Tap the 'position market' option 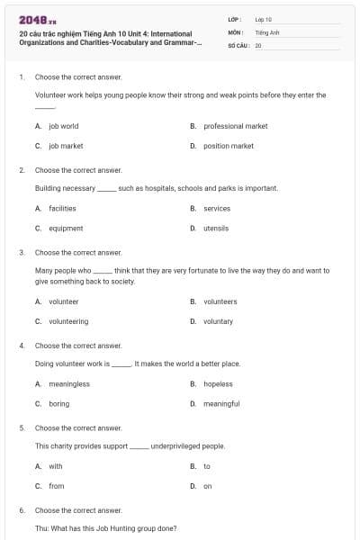pyautogui.click(x=229, y=146)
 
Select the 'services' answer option pyautogui.click(x=217, y=208)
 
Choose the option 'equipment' pyautogui.click(x=66, y=229)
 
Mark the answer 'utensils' pyautogui.click(x=216, y=229)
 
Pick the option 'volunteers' pyautogui.click(x=220, y=301)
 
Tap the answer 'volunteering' pyautogui.click(x=68, y=321)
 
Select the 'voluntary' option pyautogui.click(x=218, y=321)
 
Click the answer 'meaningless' pyautogui.click(x=69, y=383)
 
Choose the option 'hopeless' pyautogui.click(x=218, y=383)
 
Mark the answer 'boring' pyautogui.click(x=58, y=404)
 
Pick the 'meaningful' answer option pyautogui.click(x=221, y=404)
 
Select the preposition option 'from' pyautogui.click(x=57, y=486)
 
